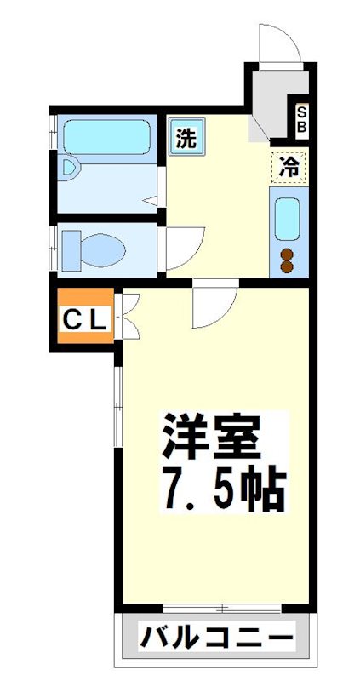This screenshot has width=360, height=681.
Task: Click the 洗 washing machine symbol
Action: [x=186, y=137]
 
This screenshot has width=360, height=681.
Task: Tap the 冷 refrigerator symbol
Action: [x=289, y=166]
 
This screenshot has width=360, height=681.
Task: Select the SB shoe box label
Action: [x=302, y=119]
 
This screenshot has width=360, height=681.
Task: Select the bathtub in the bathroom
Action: [x=106, y=135]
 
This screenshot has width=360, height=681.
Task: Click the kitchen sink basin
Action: [x=288, y=220]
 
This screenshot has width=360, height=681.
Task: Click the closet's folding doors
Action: [x=128, y=317]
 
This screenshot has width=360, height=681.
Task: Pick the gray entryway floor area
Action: [x=268, y=102]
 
